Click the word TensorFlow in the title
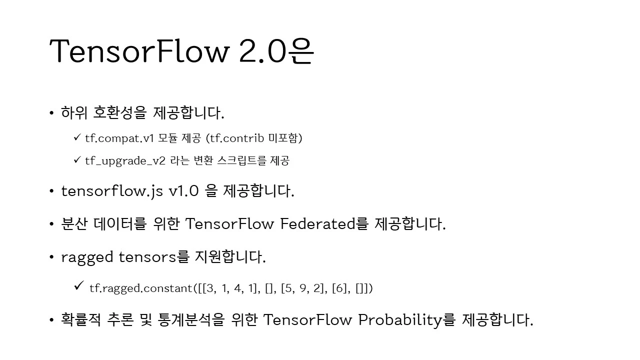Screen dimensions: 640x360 click(139, 51)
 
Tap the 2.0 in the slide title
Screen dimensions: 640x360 click(262, 51)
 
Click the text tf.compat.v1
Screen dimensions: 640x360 click(119, 138)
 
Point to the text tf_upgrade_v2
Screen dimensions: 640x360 click(125, 161)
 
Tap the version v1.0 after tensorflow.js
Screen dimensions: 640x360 click(183, 191)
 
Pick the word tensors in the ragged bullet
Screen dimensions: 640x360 click(147, 257)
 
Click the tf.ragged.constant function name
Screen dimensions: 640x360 click(141, 288)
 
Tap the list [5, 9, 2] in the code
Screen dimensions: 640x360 click(304, 288)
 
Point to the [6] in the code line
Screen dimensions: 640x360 click(339, 288)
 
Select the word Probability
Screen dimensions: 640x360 click(400, 320)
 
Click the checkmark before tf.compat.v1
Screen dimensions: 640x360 click(77, 137)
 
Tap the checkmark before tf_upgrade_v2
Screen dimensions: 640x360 click(77, 159)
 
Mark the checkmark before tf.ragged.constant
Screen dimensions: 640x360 click(79, 285)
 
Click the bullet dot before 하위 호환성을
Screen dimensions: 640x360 click(51, 113)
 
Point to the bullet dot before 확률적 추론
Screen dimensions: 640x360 click(51, 320)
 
